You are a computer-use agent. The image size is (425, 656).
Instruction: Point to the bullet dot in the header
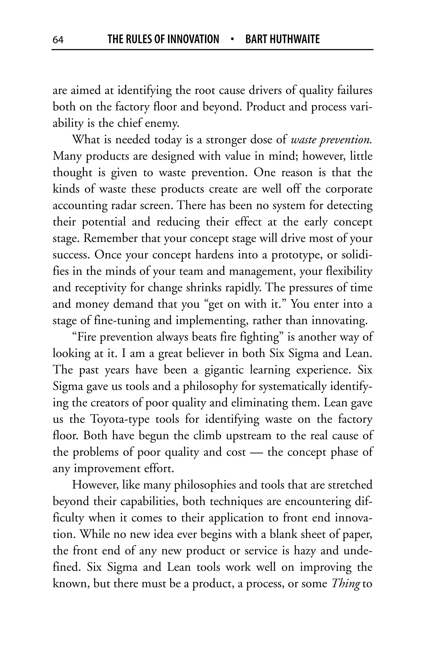click(x=232, y=39)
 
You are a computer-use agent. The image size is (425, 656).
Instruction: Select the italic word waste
click(x=304, y=140)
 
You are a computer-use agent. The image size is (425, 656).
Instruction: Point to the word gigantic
click(x=224, y=370)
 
